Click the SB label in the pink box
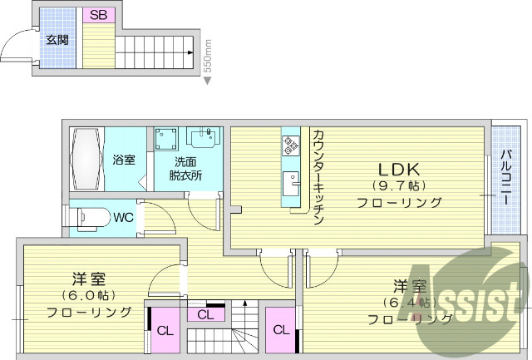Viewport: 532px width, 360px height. [98, 15]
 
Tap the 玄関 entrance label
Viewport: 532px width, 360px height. [57, 39]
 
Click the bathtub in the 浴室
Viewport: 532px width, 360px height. [86, 159]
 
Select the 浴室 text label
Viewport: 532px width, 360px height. [124, 160]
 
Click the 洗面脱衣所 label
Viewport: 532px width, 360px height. [186, 168]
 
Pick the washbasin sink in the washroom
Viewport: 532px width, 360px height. [203, 136]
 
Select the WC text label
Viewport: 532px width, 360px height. [124, 218]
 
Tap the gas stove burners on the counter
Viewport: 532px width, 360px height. [291, 146]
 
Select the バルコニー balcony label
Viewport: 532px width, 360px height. [505, 178]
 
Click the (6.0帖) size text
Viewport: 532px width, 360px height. [88, 295]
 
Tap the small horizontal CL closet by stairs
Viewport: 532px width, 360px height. [206, 314]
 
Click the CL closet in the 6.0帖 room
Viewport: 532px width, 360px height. [165, 330]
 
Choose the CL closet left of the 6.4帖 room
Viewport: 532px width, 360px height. [281, 329]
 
